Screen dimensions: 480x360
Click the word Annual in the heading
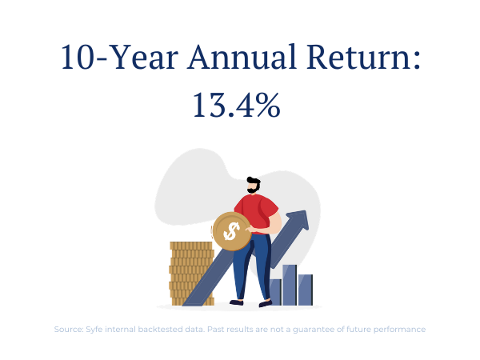point(242,57)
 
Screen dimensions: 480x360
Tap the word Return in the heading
point(359,57)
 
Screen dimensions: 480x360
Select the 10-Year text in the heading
point(120,57)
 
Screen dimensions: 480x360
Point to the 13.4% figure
point(236,105)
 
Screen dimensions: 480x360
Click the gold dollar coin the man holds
point(232,231)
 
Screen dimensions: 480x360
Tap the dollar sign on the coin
point(231,231)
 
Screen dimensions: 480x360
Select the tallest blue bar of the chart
point(290,285)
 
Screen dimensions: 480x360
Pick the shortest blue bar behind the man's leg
point(275,292)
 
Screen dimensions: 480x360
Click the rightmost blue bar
point(306,290)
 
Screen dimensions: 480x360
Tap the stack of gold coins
point(191,274)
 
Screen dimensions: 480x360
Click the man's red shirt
point(257,213)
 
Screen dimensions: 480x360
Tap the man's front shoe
point(265,304)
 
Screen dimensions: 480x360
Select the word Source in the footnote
point(69,330)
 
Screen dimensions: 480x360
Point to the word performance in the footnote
point(399,330)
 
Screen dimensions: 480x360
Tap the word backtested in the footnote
point(160,330)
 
